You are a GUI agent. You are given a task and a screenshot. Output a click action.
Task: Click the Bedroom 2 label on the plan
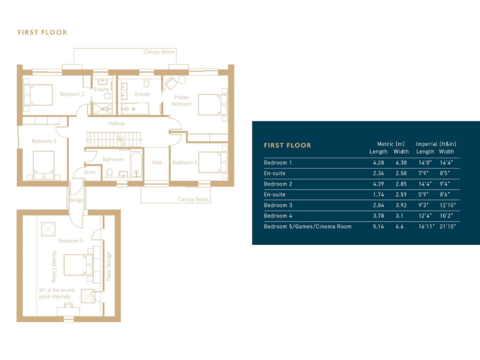point(72,94)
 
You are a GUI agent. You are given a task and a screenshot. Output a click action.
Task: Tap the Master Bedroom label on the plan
point(182,101)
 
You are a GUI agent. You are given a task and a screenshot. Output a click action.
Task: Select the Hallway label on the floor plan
point(116,123)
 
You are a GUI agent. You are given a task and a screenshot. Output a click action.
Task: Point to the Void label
point(156,162)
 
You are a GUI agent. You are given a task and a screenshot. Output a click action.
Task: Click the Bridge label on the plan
point(76,200)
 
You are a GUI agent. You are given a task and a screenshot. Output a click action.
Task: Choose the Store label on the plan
point(89,172)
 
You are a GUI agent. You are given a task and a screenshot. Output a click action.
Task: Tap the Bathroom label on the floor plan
point(113,159)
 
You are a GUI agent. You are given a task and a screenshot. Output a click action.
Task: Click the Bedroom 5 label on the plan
point(71,241)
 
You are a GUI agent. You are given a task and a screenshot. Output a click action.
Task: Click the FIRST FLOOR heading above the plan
point(42,32)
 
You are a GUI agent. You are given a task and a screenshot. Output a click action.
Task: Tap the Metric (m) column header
point(391,144)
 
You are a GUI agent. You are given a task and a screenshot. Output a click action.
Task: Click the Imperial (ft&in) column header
point(436,144)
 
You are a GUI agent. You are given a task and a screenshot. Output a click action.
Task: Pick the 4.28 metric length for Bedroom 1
point(378,162)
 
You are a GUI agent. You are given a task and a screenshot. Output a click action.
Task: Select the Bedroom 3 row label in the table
point(278,205)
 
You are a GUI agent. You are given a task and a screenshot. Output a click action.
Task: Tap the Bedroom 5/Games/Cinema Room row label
point(307,226)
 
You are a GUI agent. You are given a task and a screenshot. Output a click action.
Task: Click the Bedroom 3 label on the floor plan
point(44,141)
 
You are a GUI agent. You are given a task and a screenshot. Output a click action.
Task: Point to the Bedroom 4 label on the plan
point(184,162)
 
